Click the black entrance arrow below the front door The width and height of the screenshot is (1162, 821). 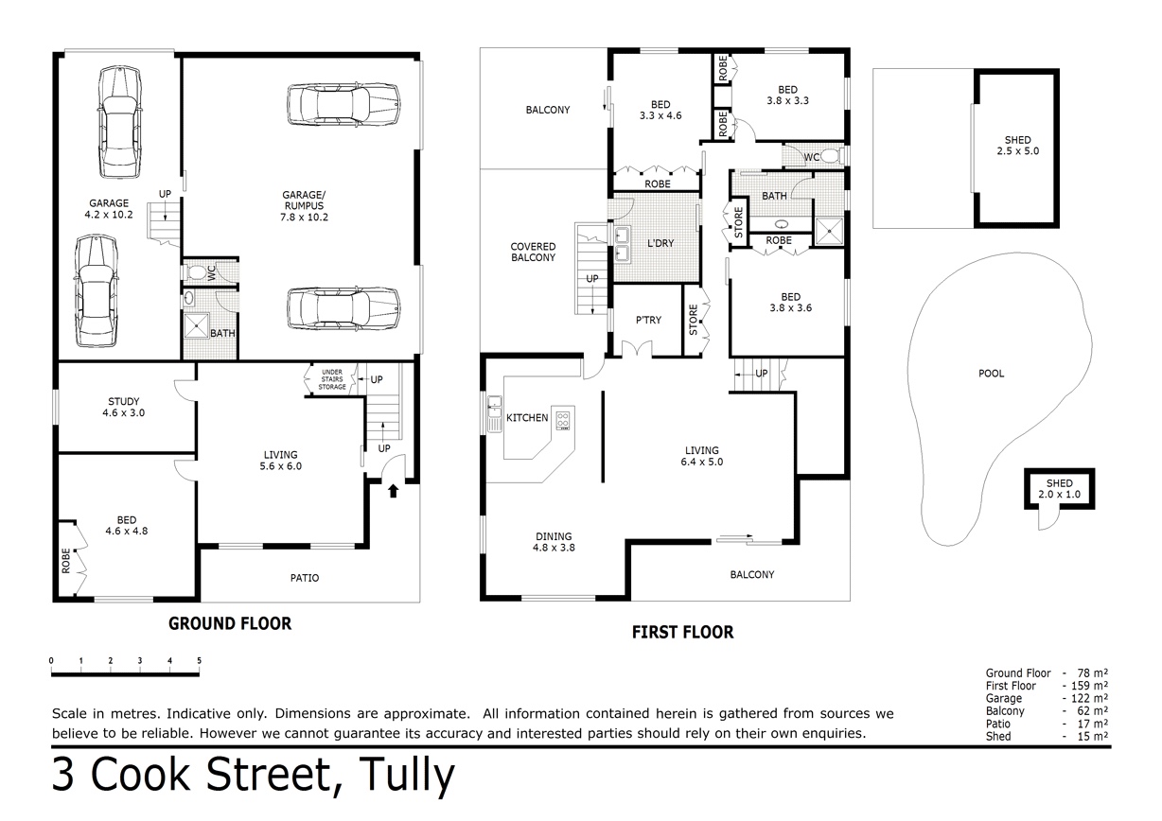click(394, 491)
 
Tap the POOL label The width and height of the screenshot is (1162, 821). click(991, 374)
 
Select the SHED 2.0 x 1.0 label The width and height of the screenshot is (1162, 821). click(1059, 489)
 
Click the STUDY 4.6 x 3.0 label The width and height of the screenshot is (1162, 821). click(123, 407)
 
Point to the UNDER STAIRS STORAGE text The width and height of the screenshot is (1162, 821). click(332, 379)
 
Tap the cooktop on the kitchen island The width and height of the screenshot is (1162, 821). click(563, 421)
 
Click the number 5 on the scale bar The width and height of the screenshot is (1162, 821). click(200, 661)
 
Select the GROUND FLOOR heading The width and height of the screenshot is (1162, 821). click(230, 623)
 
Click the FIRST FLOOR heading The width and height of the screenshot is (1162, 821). click(682, 632)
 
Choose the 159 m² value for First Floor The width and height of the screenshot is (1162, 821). click(1089, 686)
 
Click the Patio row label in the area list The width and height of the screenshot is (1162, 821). click(997, 724)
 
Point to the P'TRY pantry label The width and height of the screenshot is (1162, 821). click(648, 320)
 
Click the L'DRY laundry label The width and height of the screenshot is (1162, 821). click(660, 243)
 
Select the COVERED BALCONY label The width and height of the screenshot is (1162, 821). click(533, 252)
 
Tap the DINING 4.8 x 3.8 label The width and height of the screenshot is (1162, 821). click(554, 542)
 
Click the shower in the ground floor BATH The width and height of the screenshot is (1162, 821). click(197, 325)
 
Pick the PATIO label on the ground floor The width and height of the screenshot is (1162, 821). click(305, 578)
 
